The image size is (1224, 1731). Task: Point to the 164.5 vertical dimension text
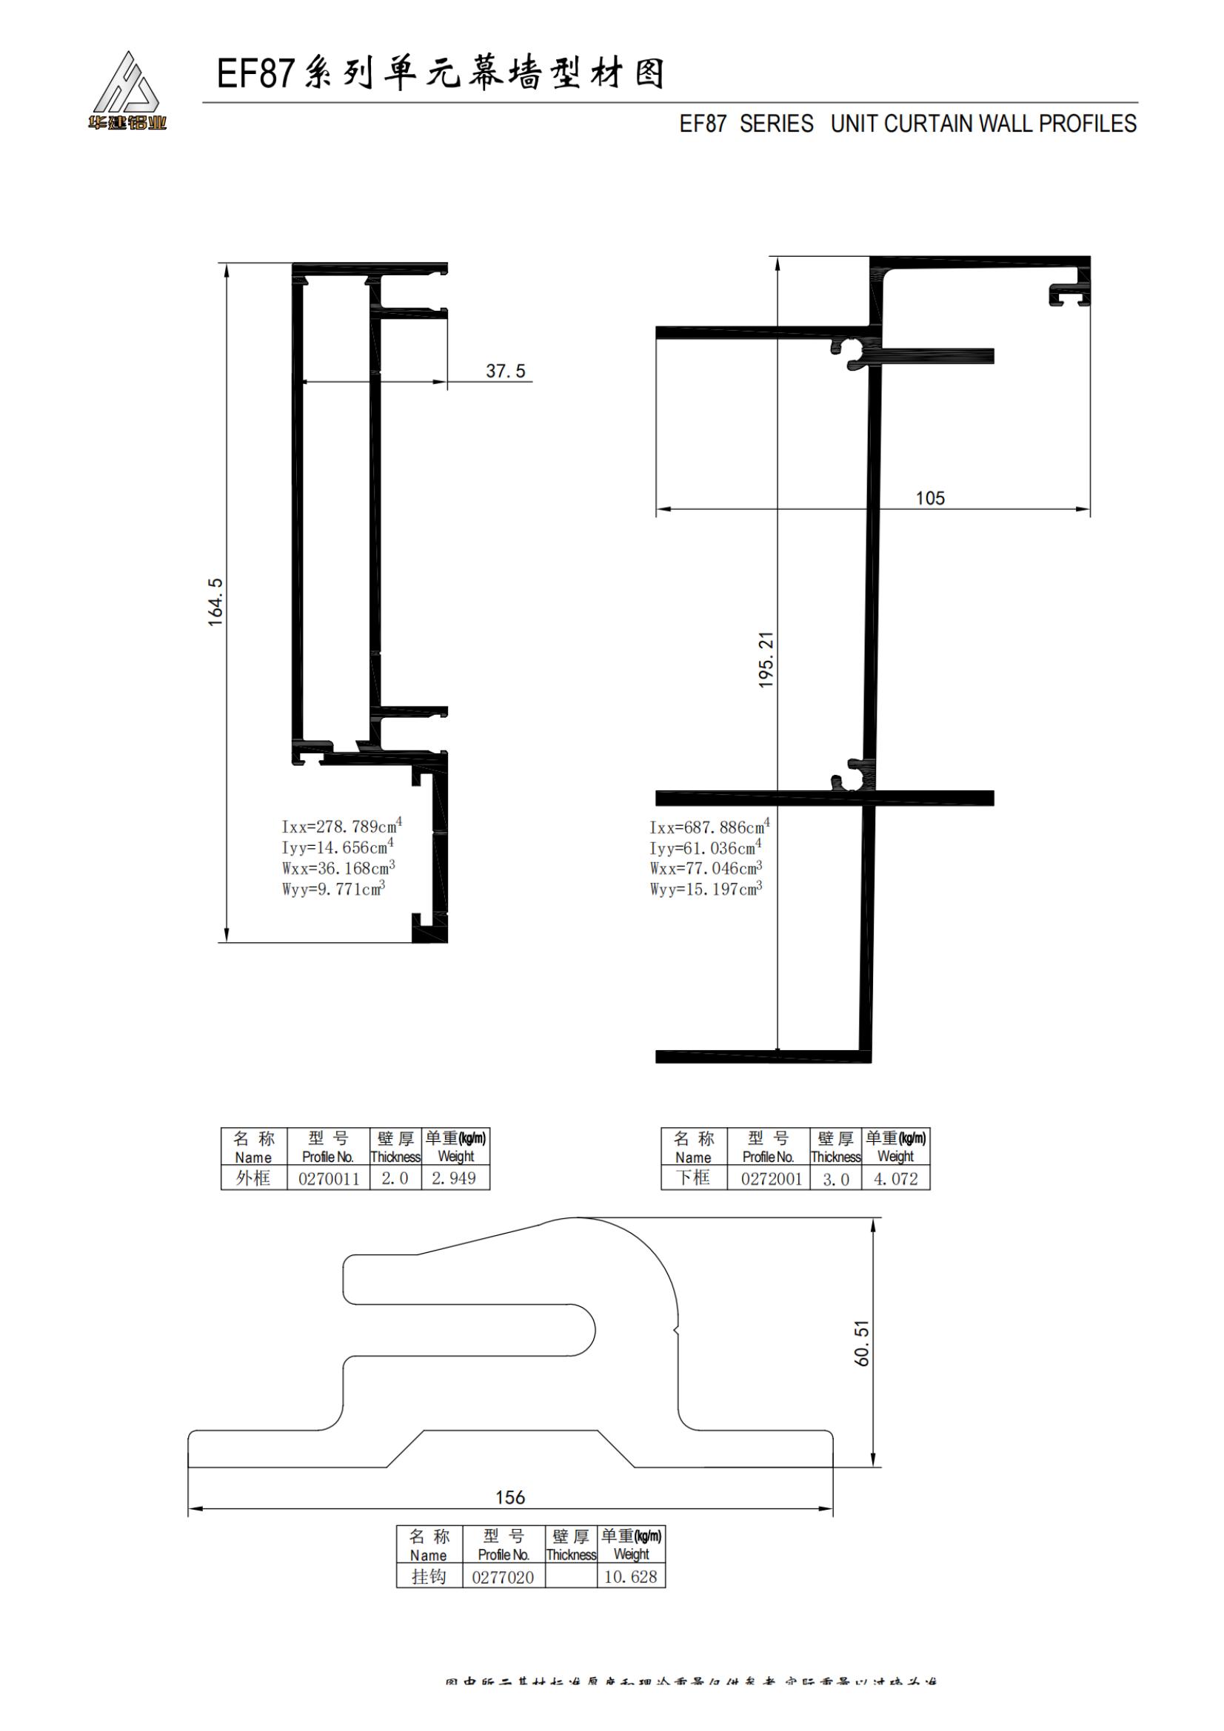pyautogui.click(x=215, y=602)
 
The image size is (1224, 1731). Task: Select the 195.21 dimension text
pyautogui.click(x=766, y=659)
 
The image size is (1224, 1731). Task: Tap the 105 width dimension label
pyautogui.click(x=929, y=498)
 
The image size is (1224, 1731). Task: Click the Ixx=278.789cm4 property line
pyautogui.click(x=341, y=826)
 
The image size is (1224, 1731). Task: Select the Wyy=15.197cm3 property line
pyautogui.click(x=706, y=890)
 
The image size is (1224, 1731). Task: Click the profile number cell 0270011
pyautogui.click(x=329, y=1178)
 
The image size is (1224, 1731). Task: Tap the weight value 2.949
pyautogui.click(x=454, y=1178)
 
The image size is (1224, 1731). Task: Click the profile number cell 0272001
pyautogui.click(x=771, y=1178)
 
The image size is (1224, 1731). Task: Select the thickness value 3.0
pyautogui.click(x=835, y=1179)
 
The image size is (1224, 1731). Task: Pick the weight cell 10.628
pyautogui.click(x=630, y=1576)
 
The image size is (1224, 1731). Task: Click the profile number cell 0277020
pyautogui.click(x=503, y=1576)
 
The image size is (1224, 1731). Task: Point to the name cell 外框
pyautogui.click(x=253, y=1177)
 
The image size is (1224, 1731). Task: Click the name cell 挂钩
pyautogui.click(x=428, y=1576)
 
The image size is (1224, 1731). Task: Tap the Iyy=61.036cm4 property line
pyautogui.click(x=706, y=847)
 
